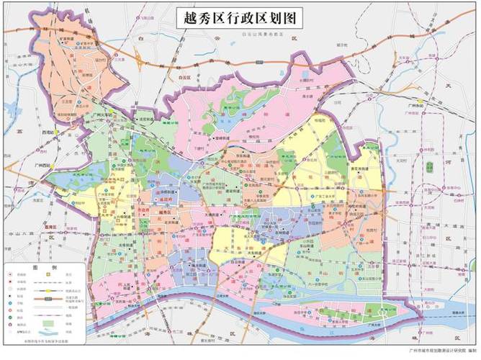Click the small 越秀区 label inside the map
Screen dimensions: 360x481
tap(165, 214)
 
